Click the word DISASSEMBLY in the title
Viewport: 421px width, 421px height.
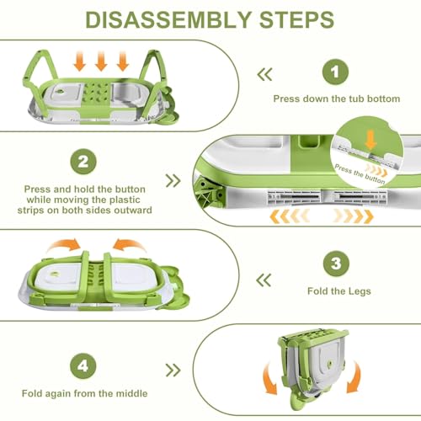(x=168, y=19)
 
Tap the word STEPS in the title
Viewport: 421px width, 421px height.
(x=296, y=19)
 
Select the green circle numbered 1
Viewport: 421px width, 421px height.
(x=335, y=72)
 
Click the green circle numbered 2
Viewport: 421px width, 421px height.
(x=83, y=162)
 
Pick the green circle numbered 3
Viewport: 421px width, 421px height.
(x=336, y=264)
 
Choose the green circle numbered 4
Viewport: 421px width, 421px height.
(x=83, y=366)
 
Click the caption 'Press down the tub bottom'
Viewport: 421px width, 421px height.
(x=337, y=99)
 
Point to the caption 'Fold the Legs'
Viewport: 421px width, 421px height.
(x=339, y=291)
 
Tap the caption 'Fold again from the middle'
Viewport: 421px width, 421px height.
(x=84, y=393)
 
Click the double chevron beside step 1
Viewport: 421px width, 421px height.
(x=264, y=74)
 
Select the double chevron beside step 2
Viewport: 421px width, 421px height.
(x=173, y=181)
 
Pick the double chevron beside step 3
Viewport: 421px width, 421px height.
(x=264, y=280)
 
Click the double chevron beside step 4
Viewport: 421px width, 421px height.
(x=173, y=370)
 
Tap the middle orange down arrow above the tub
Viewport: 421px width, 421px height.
(x=101, y=61)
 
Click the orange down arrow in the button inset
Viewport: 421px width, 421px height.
(x=370, y=141)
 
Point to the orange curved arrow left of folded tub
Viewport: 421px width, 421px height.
(x=269, y=379)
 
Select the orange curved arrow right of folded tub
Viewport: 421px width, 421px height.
(x=354, y=377)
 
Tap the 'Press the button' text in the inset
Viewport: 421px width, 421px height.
(x=360, y=174)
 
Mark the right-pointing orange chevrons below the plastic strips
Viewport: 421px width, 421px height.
(x=353, y=216)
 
